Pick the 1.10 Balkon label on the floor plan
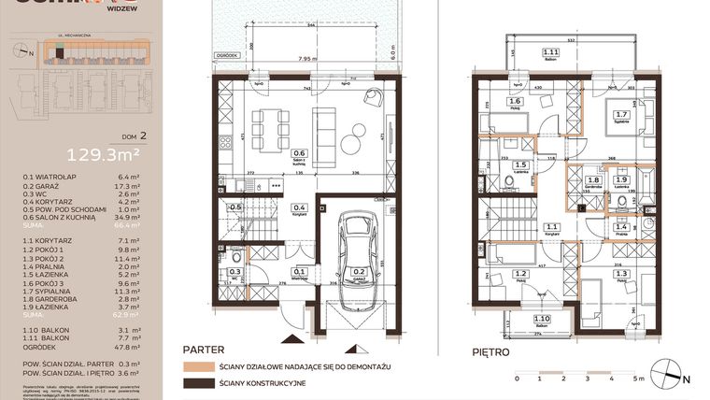point(541,321)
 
